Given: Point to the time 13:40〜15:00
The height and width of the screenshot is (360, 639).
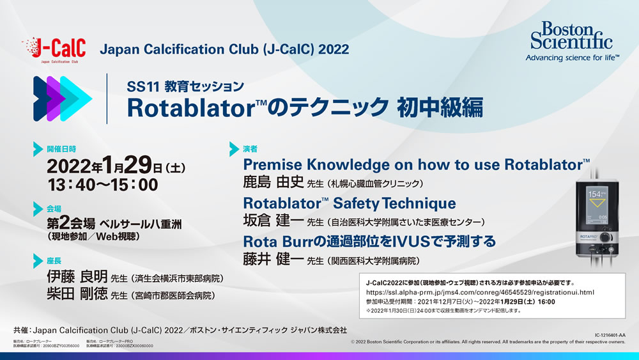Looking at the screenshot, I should pos(102,185).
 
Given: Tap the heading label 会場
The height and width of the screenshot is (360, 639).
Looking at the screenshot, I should pos(54,208).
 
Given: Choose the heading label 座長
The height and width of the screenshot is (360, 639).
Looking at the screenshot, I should pos(54,262).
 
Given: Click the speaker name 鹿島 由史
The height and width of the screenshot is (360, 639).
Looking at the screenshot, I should pos(270,182).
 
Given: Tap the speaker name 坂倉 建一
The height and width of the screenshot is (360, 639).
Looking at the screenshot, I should pos(270,221).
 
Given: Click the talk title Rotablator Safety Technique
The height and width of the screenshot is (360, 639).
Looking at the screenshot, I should pos(350,203).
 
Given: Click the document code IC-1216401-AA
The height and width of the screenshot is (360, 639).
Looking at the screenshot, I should pos(608,334).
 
